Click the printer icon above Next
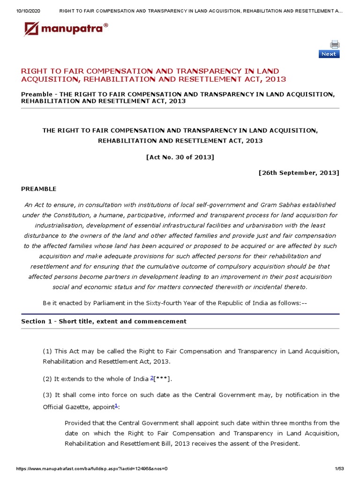[334, 45]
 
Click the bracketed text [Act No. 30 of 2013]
[180, 157]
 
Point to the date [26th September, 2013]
[299, 172]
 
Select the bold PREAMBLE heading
[38, 189]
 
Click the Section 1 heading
[104, 321]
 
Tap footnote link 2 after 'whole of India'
[152, 378]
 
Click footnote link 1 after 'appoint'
[117, 405]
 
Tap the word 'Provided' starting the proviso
[78, 423]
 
